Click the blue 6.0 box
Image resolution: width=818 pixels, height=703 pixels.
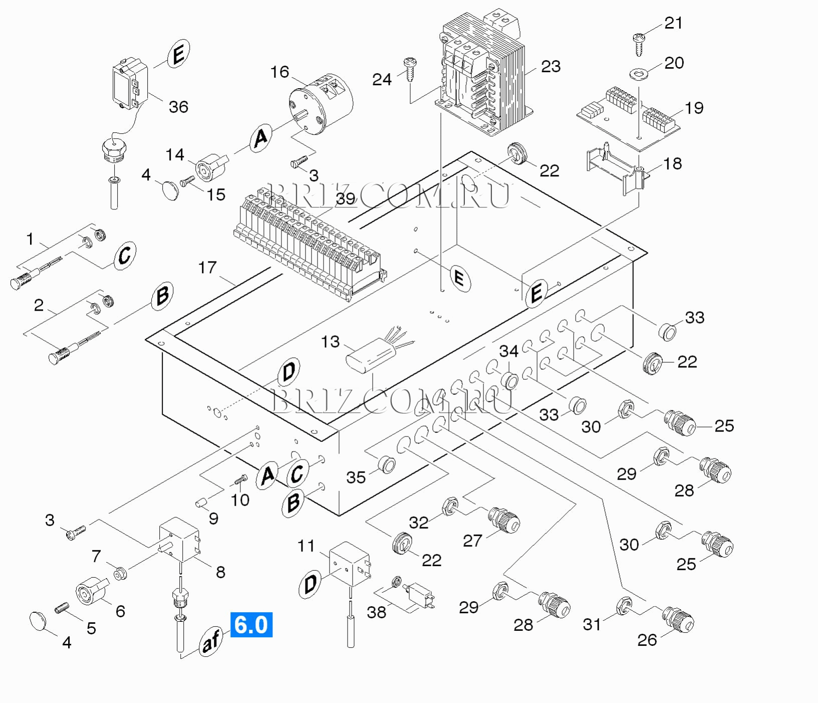251,625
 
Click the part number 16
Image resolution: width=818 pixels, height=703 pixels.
280,72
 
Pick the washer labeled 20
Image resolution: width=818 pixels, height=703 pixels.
638,74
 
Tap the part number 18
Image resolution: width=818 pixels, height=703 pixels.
673,164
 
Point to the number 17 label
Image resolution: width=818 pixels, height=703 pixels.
207,268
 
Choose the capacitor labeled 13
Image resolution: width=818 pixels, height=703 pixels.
371,355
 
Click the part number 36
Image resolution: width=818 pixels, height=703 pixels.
178,107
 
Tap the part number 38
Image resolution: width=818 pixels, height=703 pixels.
376,612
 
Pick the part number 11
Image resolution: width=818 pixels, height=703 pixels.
306,546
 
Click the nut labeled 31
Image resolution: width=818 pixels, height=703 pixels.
624,606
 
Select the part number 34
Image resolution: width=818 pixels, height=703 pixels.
508,351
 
